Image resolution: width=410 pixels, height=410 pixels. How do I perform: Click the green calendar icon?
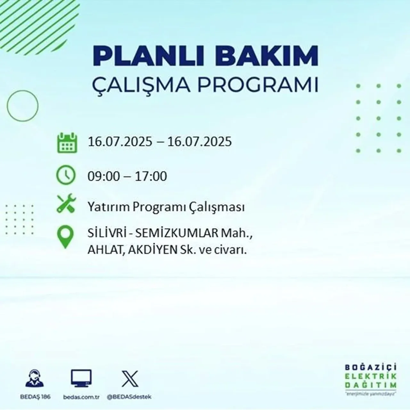tap(67, 143)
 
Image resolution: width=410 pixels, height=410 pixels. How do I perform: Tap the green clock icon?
tap(66, 175)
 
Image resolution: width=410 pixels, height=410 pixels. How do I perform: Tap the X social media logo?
tap(130, 379)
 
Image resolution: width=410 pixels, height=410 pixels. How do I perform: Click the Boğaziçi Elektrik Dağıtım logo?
tap(371, 380)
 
